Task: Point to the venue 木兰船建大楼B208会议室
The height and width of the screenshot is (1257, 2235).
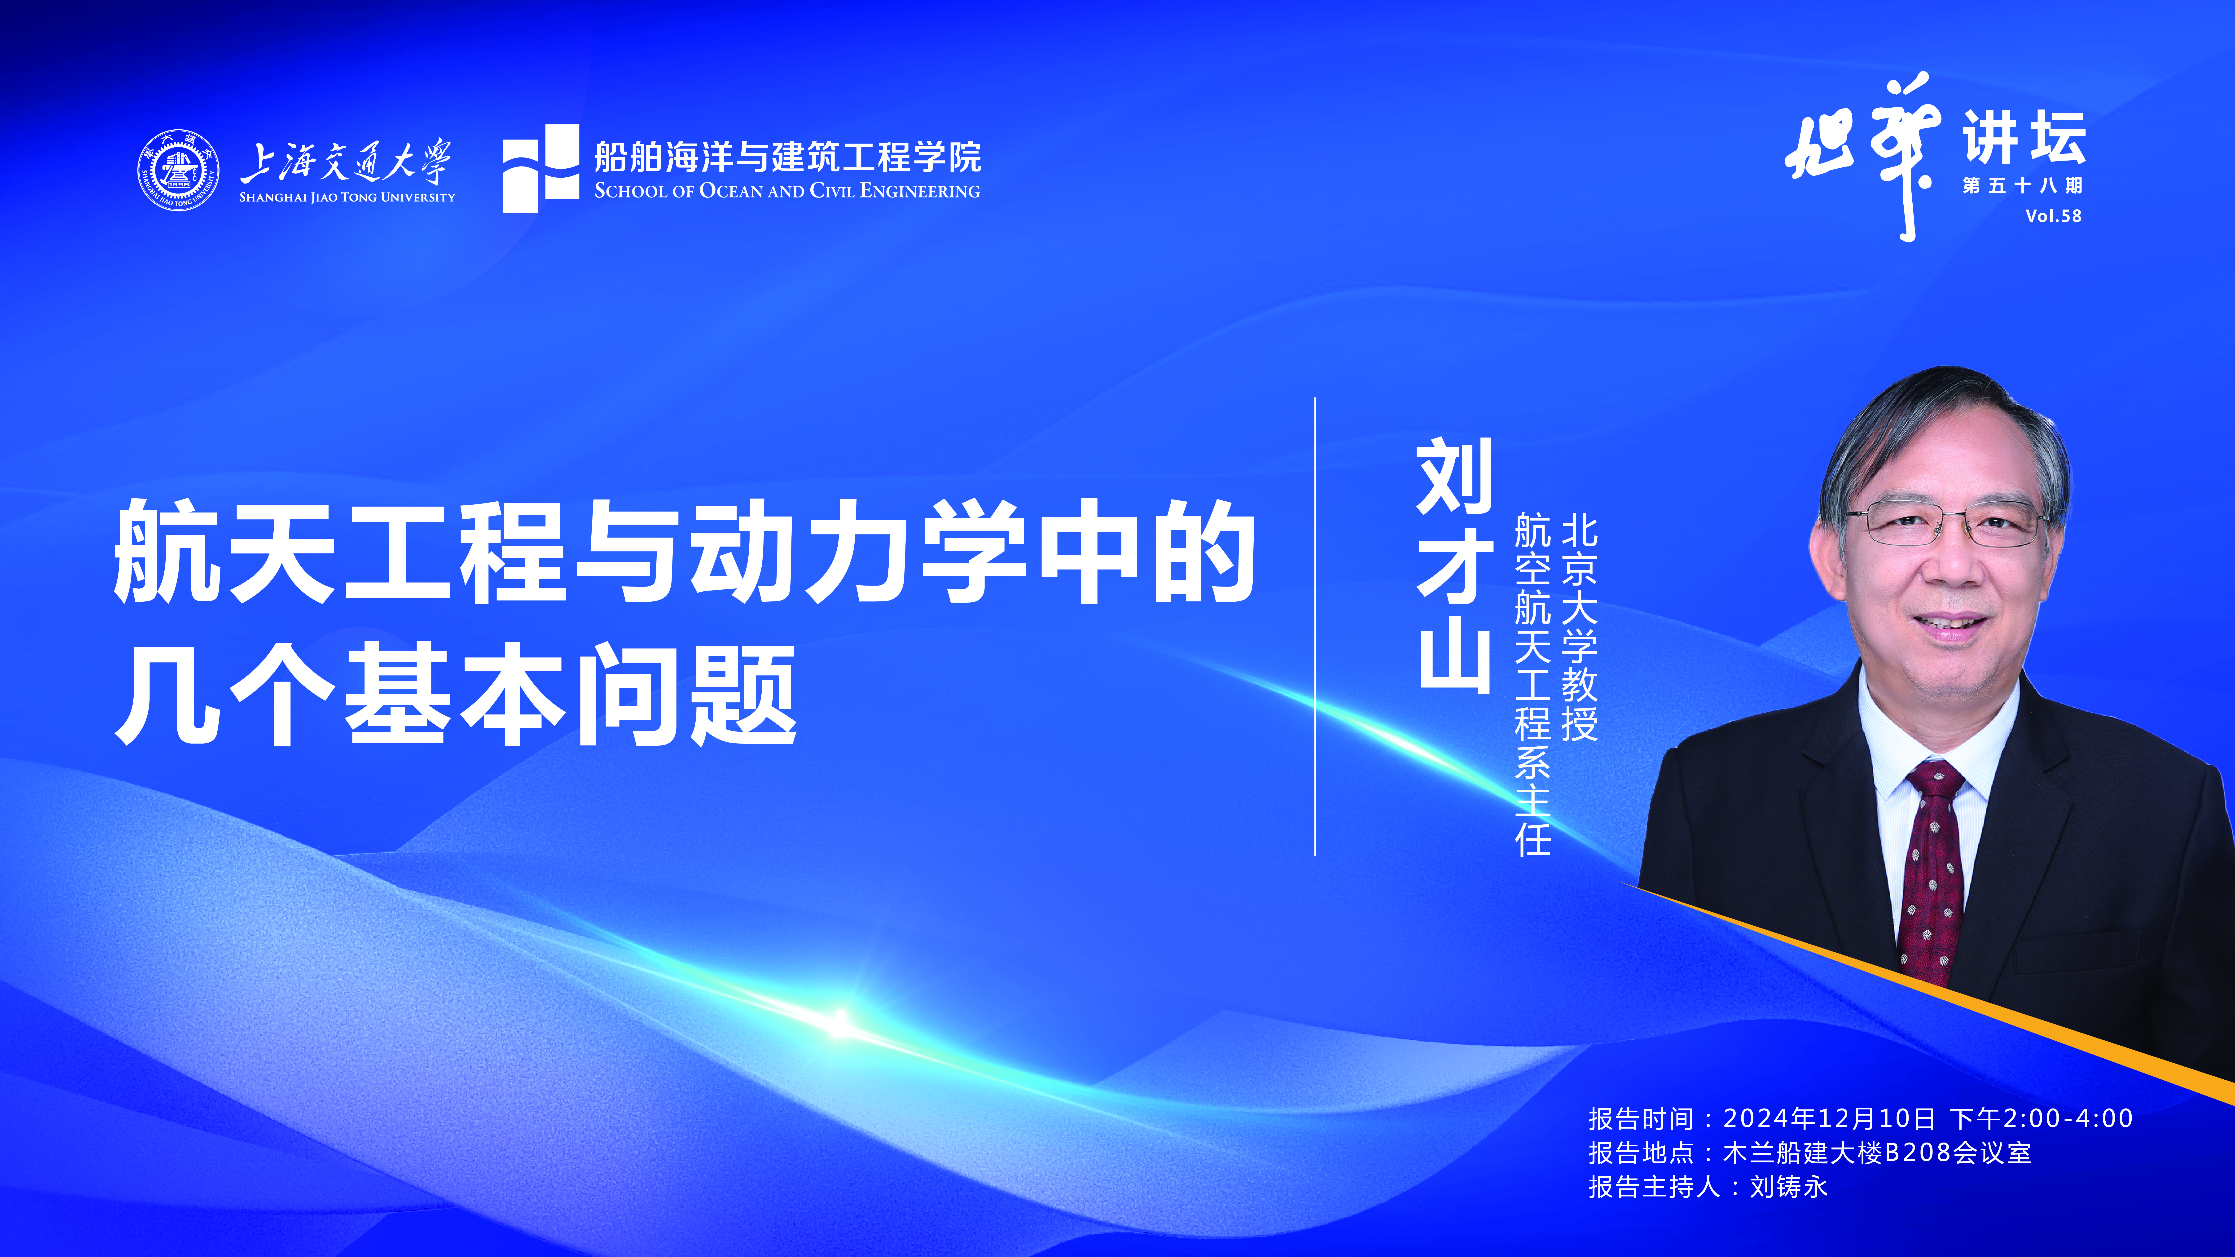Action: click(x=1877, y=1153)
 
